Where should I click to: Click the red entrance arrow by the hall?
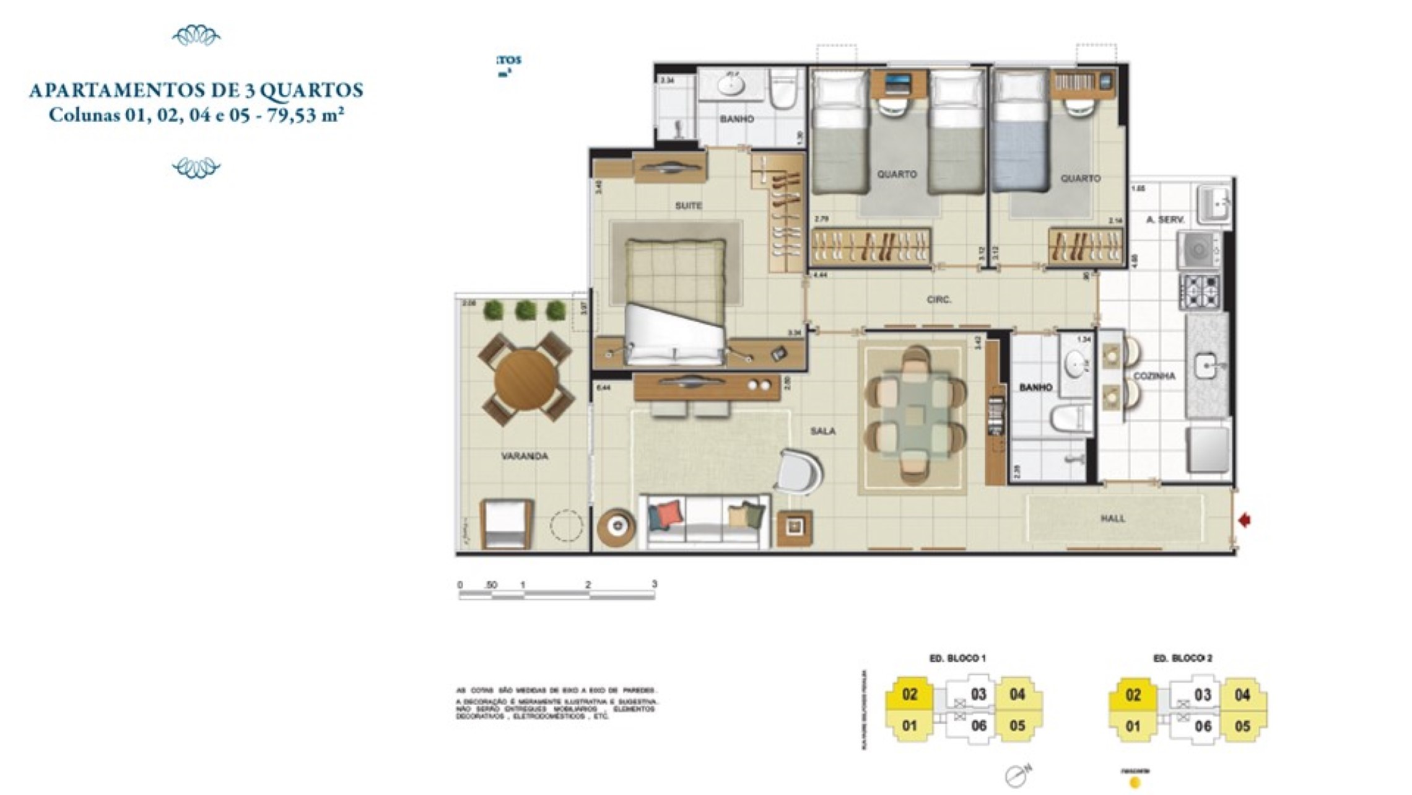(1244, 520)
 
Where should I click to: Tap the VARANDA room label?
(524, 457)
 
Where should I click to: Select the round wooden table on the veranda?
(526, 379)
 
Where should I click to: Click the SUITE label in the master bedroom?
(688, 206)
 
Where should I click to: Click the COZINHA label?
(1154, 376)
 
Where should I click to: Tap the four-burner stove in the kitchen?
(1200, 291)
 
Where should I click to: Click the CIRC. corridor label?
(939, 300)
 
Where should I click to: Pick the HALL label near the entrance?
(1112, 519)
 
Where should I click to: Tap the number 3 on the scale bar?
(654, 584)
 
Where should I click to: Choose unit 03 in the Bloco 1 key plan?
(978, 694)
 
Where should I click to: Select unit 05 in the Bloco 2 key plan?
(1242, 726)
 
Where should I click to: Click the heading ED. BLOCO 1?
(957, 658)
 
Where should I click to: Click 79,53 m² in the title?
(305, 116)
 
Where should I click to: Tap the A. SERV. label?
(1165, 219)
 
